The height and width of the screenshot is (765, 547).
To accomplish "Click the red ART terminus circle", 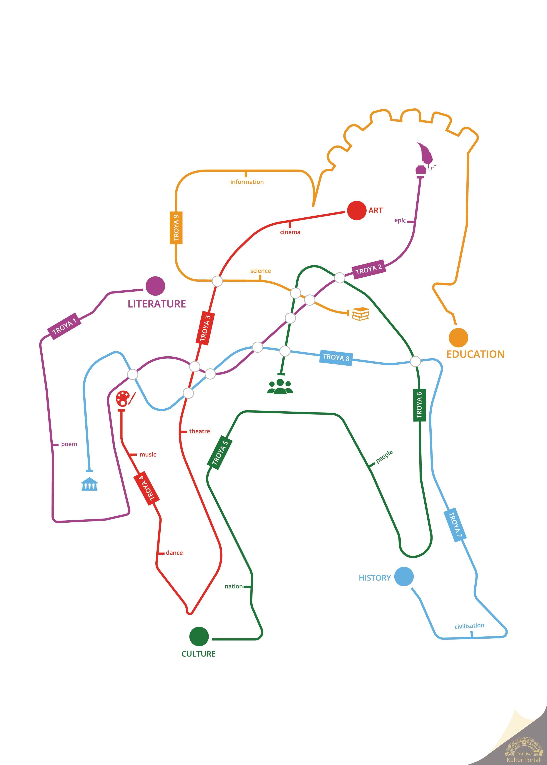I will click(x=356, y=211).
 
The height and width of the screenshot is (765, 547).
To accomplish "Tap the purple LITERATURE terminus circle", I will click(x=155, y=286).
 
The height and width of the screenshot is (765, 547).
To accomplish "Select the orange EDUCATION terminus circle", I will click(x=458, y=337).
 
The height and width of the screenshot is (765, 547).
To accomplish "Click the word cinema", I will click(x=290, y=232).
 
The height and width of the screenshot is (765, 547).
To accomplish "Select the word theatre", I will click(x=199, y=431).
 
